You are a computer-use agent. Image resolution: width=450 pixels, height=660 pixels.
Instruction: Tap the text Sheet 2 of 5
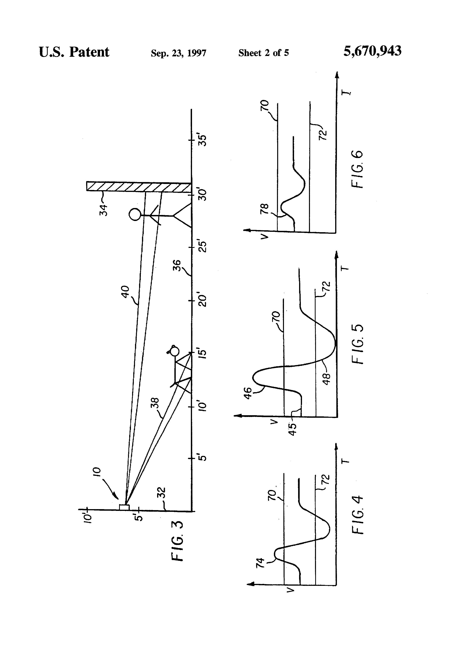(263, 53)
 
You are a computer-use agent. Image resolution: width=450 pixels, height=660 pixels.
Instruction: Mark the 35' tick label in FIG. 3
(202, 140)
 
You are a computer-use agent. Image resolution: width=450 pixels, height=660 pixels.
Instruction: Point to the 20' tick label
(202, 300)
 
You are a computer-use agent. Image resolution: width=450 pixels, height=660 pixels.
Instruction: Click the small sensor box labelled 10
(124, 507)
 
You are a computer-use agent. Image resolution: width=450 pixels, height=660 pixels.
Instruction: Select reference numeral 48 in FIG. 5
(326, 379)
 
